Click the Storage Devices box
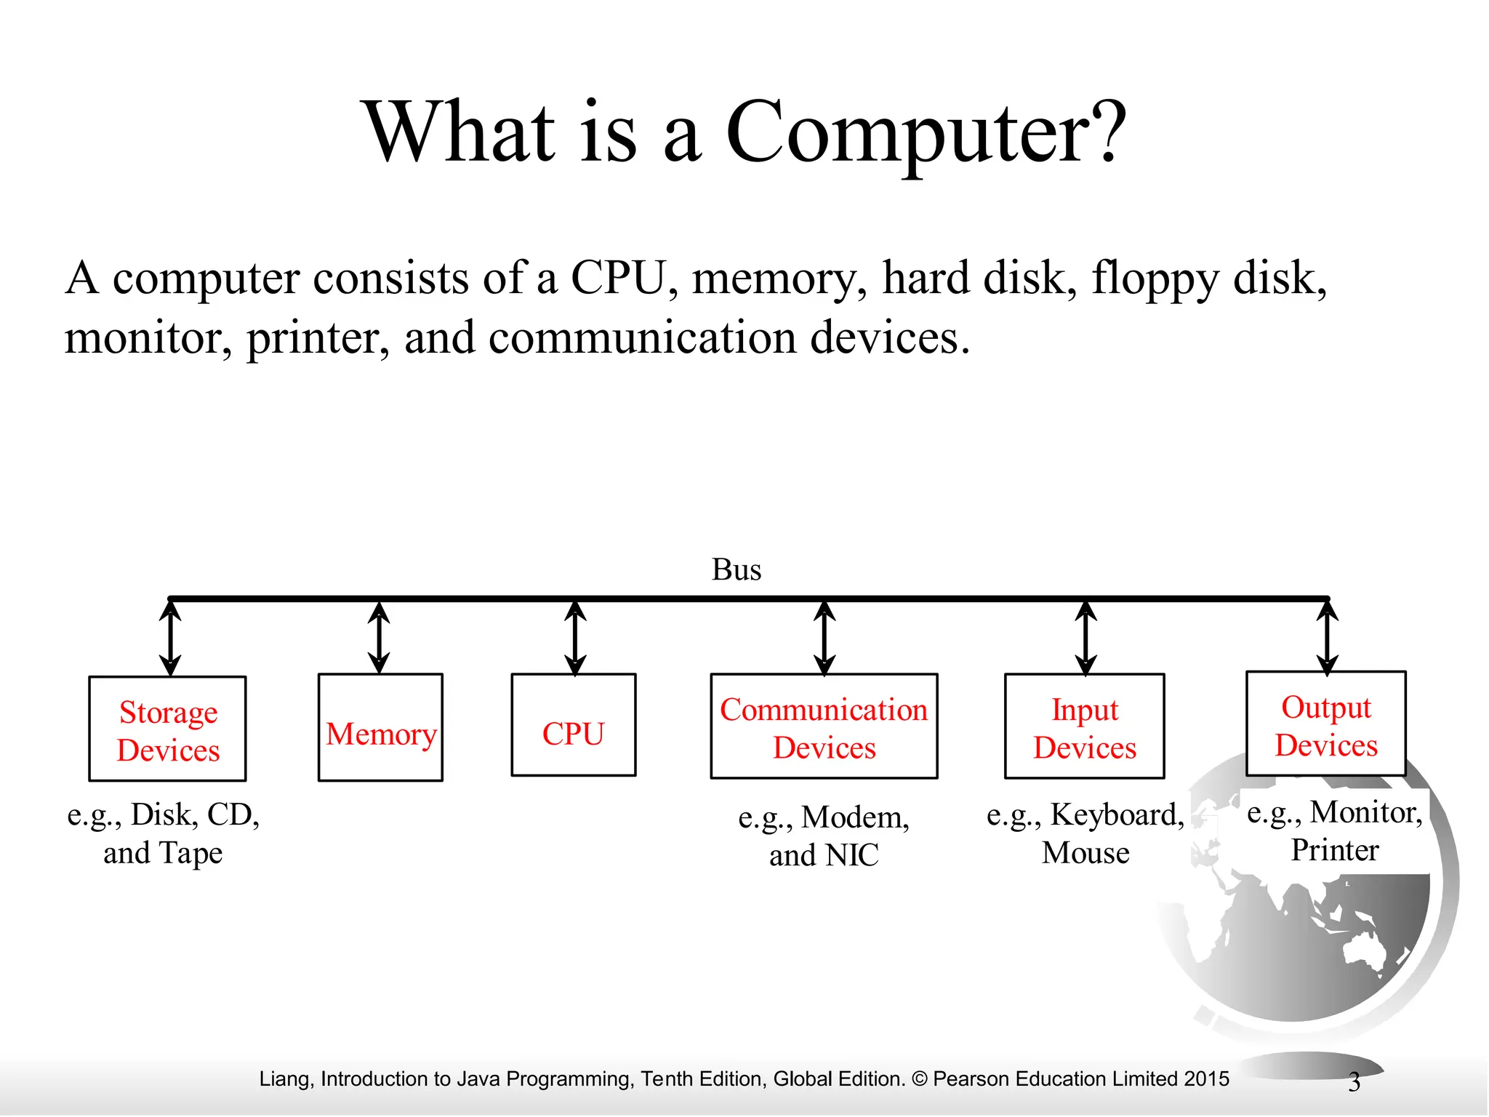click(x=168, y=729)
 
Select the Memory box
click(x=380, y=728)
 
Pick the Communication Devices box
click(x=824, y=726)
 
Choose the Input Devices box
click(x=1085, y=726)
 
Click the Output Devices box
click(x=1326, y=724)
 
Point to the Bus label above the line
click(x=737, y=569)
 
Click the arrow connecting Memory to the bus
click(x=379, y=638)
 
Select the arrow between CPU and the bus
click(x=575, y=638)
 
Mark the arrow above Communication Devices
click(x=824, y=638)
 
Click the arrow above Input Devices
click(x=1085, y=638)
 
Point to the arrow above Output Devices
click(x=1328, y=637)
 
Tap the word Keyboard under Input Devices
click(x=1117, y=815)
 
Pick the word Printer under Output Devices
click(x=1335, y=850)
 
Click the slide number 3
click(x=1354, y=1082)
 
